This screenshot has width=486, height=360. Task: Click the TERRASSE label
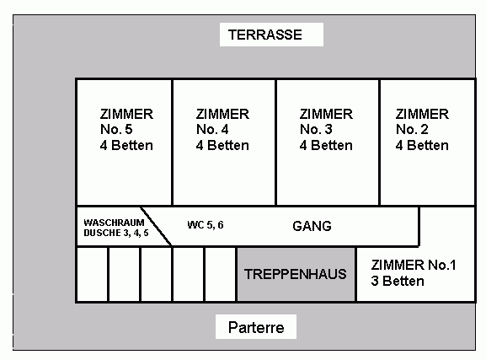(x=265, y=35)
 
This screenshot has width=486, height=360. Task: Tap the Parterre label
(x=256, y=327)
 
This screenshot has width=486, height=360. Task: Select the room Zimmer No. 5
(x=124, y=142)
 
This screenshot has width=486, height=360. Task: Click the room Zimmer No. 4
(x=224, y=142)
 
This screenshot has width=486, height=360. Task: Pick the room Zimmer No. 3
(x=328, y=142)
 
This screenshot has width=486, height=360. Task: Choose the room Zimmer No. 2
(x=427, y=142)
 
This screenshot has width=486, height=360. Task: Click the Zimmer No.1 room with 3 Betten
(x=415, y=274)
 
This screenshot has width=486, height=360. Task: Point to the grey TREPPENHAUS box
(x=296, y=274)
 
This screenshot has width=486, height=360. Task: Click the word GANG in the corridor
(x=312, y=226)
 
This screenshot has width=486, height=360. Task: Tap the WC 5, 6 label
(x=206, y=225)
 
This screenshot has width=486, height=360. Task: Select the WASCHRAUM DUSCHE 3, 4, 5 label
(x=116, y=228)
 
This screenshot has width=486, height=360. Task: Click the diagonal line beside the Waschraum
(x=156, y=226)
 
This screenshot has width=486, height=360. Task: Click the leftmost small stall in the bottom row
(x=93, y=274)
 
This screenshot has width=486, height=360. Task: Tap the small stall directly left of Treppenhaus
(x=221, y=274)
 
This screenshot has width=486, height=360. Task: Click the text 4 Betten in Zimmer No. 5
(x=126, y=145)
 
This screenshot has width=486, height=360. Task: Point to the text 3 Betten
(x=398, y=282)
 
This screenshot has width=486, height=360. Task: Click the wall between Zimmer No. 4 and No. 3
(x=276, y=142)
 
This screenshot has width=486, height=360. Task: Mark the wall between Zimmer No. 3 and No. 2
(x=379, y=142)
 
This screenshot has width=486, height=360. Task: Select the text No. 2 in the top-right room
(x=412, y=129)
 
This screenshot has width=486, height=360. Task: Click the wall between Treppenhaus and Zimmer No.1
(x=356, y=274)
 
